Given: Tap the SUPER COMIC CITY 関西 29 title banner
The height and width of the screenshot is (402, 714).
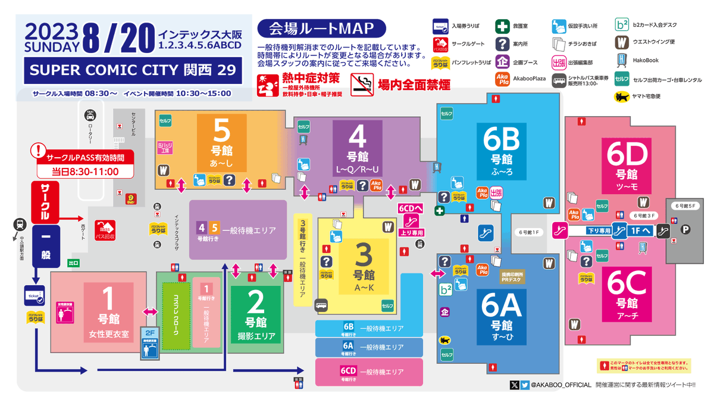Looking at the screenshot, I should click(133, 70).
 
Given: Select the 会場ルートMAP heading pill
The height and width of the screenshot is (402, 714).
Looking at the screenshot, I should click(322, 29).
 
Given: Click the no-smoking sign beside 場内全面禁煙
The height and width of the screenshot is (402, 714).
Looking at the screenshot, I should click(362, 85).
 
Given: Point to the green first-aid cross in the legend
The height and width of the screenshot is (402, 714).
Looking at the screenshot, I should click(502, 26).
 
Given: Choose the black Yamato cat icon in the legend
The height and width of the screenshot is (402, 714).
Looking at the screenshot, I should click(622, 96).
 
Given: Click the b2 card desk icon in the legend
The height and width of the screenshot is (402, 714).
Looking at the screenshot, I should click(622, 25).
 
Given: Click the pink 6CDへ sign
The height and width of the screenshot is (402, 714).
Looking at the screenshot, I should click(410, 209).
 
